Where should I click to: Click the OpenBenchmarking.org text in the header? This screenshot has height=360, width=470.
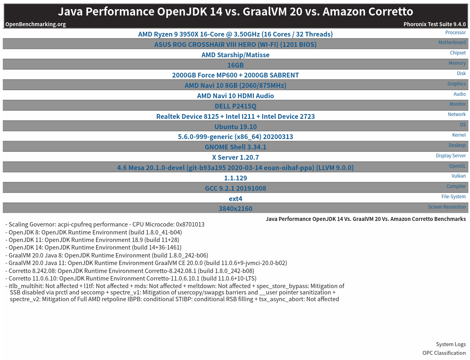click(35, 24)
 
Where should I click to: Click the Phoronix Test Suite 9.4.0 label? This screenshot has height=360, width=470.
click(435, 24)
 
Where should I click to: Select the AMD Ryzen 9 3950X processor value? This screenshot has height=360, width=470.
click(235, 34)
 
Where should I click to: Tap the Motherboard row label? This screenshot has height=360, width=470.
click(452, 43)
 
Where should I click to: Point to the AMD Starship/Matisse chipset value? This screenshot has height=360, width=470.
click(235, 55)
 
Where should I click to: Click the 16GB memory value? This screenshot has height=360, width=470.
click(235, 65)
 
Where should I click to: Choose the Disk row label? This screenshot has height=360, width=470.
click(461, 74)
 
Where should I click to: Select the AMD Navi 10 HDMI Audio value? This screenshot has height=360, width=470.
click(235, 96)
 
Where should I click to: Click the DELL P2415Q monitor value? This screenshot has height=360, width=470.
click(235, 106)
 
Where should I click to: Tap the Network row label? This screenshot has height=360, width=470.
click(456, 114)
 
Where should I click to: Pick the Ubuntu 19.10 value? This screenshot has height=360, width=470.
click(235, 127)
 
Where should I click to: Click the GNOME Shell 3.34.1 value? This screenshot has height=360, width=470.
click(235, 147)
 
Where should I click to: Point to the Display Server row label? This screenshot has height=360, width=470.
click(451, 156)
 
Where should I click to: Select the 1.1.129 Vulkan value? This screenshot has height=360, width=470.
click(235, 178)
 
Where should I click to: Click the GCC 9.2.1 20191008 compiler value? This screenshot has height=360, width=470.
click(235, 188)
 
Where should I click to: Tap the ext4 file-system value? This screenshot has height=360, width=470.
click(235, 199)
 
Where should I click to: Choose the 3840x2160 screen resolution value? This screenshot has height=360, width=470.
click(235, 209)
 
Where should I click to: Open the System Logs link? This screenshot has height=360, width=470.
click(451, 345)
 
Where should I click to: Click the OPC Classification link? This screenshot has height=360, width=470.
click(444, 353)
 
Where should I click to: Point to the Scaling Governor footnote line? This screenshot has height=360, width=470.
click(105, 225)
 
